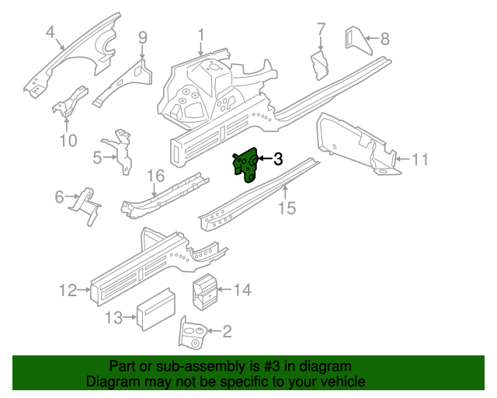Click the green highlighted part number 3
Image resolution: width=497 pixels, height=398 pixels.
248,166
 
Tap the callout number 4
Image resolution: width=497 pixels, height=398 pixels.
50,32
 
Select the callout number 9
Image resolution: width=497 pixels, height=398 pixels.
143,37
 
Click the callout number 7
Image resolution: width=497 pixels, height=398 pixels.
321,30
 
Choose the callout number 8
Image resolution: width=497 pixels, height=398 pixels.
384,38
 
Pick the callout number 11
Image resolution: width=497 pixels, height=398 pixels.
420,160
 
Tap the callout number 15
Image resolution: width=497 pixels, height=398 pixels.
287,208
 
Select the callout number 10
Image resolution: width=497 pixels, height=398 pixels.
68,141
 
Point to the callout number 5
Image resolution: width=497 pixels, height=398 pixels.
98,158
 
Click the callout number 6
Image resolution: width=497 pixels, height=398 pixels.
59,197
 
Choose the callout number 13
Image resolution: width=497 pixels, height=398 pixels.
114,317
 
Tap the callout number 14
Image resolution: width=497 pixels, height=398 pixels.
242,291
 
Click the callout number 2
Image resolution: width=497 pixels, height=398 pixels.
227,333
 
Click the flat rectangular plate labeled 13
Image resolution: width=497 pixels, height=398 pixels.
158,306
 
